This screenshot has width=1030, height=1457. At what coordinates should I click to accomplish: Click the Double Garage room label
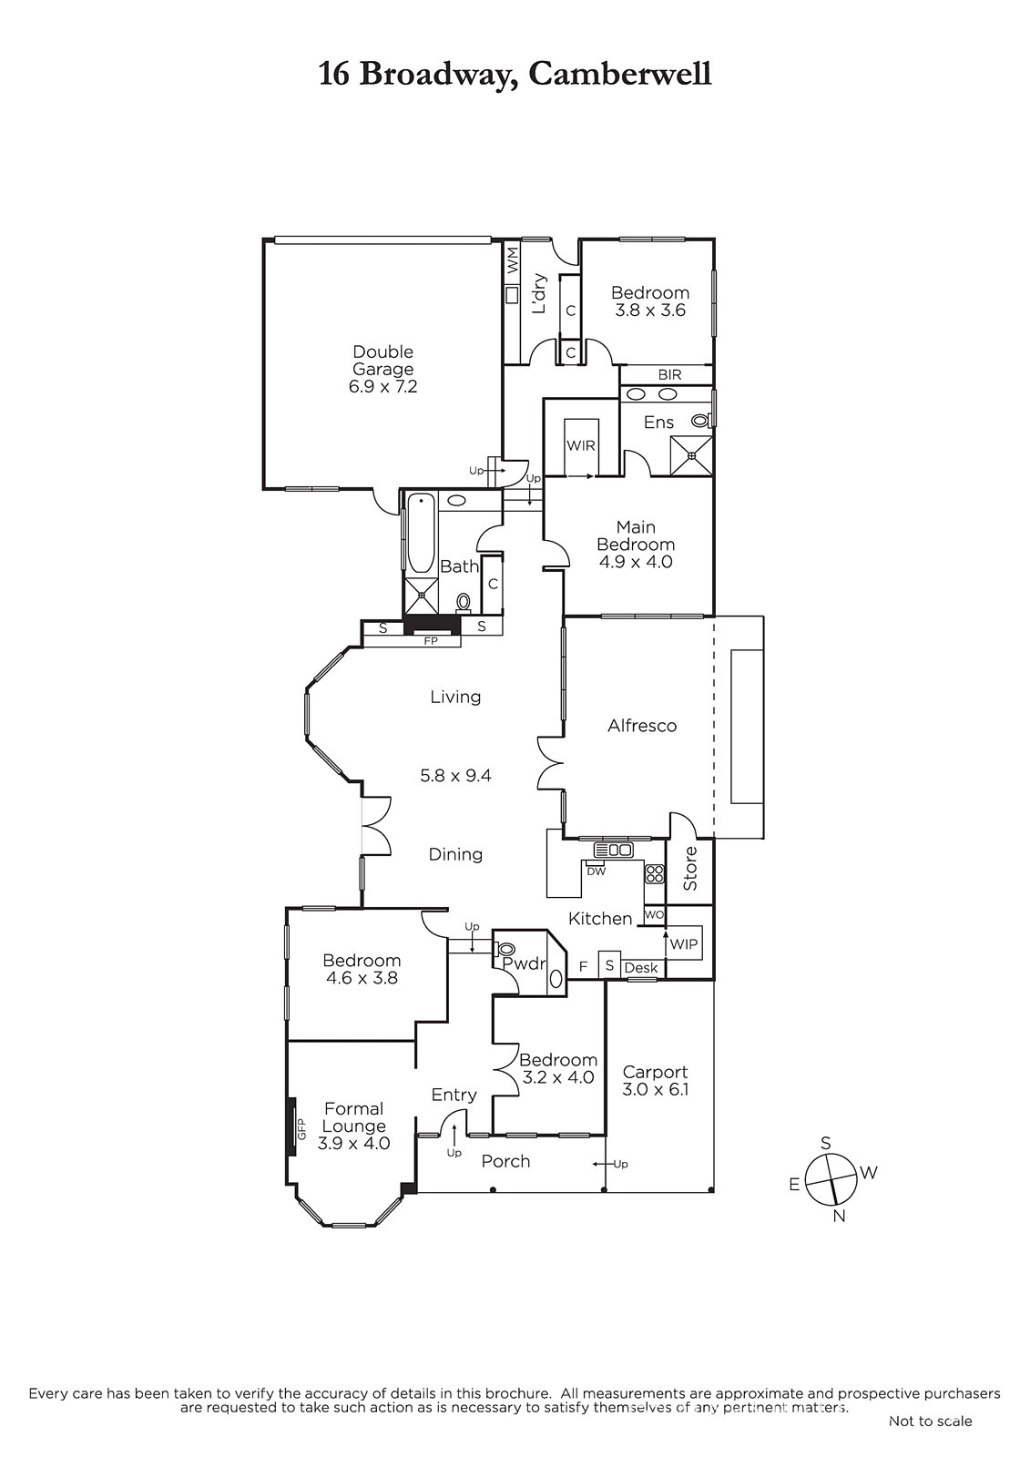pos(382,369)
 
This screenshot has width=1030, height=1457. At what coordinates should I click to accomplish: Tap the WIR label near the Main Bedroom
pos(580,445)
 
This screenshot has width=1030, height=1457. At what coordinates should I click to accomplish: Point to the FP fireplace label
pos(431,641)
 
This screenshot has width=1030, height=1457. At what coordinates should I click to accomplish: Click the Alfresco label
pos(642,725)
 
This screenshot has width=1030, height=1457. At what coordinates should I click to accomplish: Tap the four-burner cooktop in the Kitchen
pos(654,873)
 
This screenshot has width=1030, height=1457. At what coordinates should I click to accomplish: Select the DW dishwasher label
pos(596,871)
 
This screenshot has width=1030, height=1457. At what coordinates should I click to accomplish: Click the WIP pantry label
pos(683,943)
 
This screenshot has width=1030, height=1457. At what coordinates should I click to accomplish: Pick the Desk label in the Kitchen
pos(641,968)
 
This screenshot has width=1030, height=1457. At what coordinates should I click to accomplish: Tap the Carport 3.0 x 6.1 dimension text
pos(655,1089)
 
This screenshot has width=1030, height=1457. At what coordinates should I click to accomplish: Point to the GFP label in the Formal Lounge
pos(301,1128)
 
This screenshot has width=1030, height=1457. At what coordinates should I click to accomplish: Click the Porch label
pos(505,1161)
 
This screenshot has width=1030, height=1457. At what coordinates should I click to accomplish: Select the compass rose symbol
pos(830,1179)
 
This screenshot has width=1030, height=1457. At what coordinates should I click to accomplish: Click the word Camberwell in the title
pos(620,74)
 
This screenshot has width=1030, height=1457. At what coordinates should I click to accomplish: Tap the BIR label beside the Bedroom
pos(669,375)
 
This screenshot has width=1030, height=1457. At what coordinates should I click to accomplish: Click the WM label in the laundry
pos(512,259)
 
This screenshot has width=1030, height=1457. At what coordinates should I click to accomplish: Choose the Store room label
pos(690,869)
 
